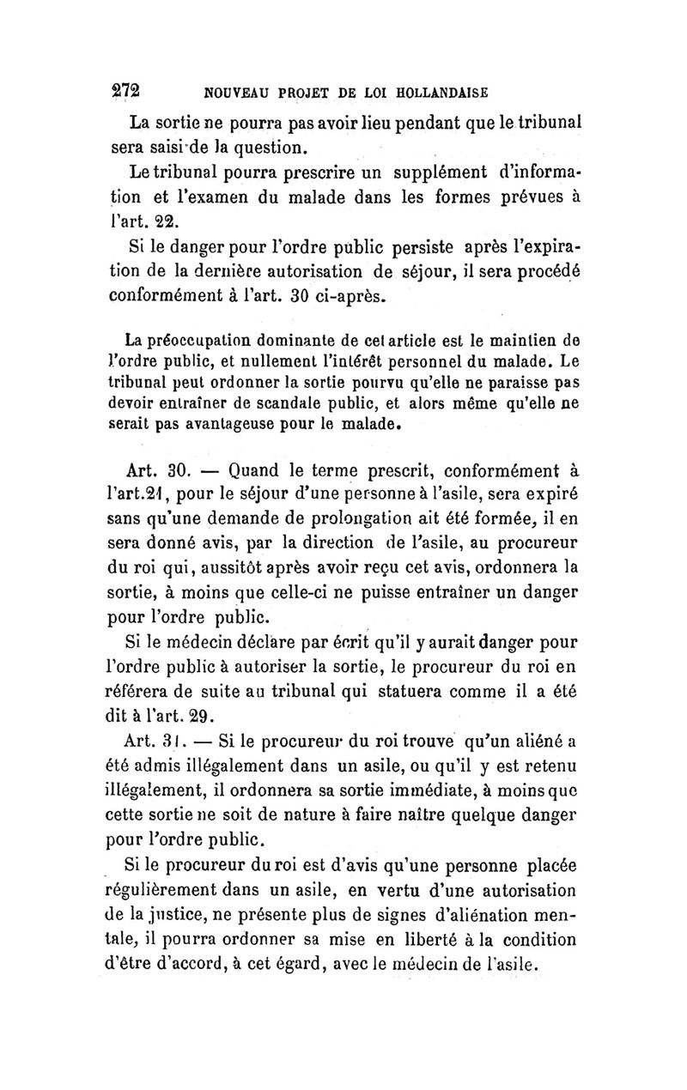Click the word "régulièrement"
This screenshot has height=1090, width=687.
(186, 884)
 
